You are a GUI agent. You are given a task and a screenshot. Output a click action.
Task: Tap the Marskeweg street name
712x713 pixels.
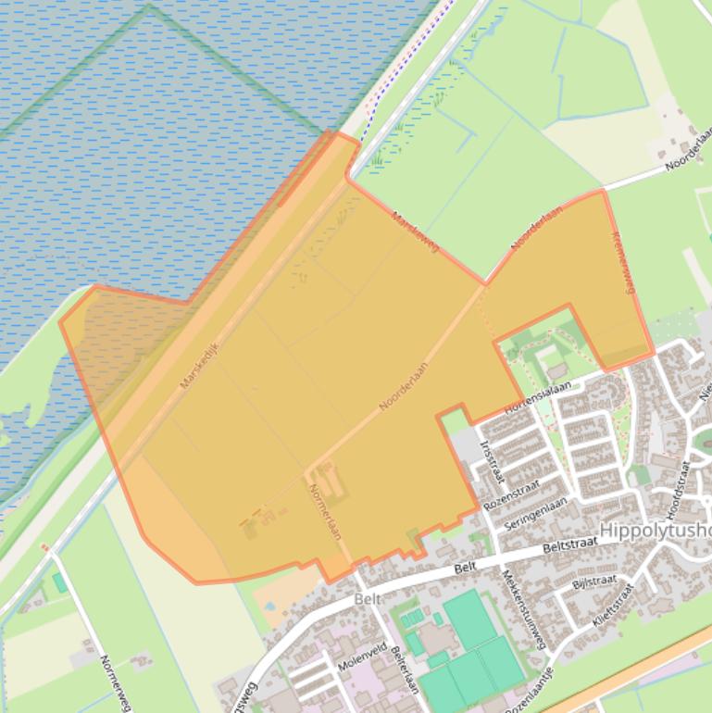click(415, 231)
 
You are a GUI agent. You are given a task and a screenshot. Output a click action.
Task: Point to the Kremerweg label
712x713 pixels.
click(622, 263)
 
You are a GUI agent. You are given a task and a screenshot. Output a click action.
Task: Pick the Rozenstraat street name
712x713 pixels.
click(512, 494)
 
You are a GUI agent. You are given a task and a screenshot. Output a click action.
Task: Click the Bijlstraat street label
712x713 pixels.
click(594, 581)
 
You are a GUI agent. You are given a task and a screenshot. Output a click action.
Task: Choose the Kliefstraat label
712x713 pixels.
click(613, 605)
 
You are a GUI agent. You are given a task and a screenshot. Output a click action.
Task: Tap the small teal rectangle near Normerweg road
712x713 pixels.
click(59, 582)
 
